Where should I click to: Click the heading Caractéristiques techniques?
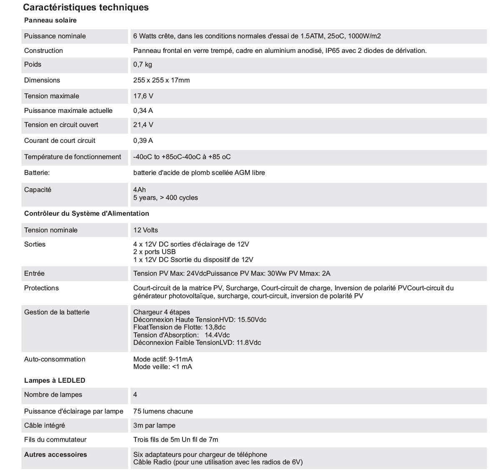point(86,7)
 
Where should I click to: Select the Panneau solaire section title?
point(50,20)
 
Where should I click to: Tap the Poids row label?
point(33,65)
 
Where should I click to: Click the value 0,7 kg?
point(142,65)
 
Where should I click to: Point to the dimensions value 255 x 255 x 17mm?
point(161,80)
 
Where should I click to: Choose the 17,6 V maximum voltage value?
point(143,96)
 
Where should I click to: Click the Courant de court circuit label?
point(60,140)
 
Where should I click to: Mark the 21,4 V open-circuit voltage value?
point(143,125)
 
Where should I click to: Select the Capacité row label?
point(37,189)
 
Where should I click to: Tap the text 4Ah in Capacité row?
point(140,189)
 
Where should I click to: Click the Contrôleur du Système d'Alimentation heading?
point(87,213)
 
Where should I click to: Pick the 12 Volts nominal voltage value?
point(145,230)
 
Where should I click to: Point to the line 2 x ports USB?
point(154,252)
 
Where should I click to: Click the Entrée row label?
point(34,273)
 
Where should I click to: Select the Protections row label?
point(41,288)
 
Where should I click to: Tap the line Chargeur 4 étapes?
point(161,312)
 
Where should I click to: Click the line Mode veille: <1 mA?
point(162,366)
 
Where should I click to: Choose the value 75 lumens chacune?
point(163,411)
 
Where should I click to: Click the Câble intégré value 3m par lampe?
point(154,425)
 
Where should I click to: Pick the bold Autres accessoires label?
point(55,454)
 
